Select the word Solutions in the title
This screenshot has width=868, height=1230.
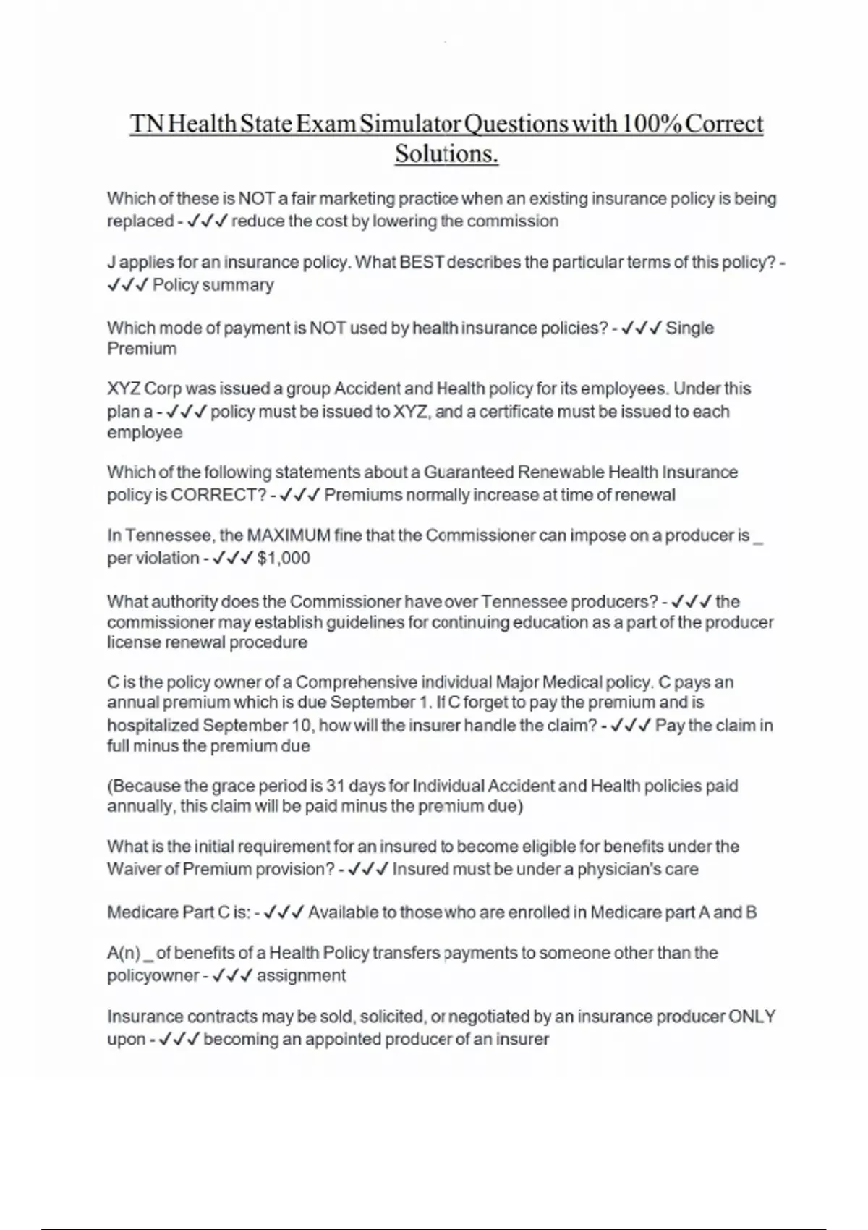pos(446,154)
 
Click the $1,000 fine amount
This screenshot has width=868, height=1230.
pos(284,559)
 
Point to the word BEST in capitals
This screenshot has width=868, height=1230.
pos(421,263)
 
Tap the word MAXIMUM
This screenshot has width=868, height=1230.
pos(289,536)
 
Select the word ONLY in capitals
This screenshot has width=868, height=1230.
pos(752,1017)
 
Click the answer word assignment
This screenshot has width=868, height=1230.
pos(301,976)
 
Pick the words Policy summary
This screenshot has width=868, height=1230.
pos(213,285)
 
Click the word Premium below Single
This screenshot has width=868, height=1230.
pos(142,349)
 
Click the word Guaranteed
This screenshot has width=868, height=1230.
pos(479,472)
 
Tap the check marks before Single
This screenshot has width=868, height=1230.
pos(641,328)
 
